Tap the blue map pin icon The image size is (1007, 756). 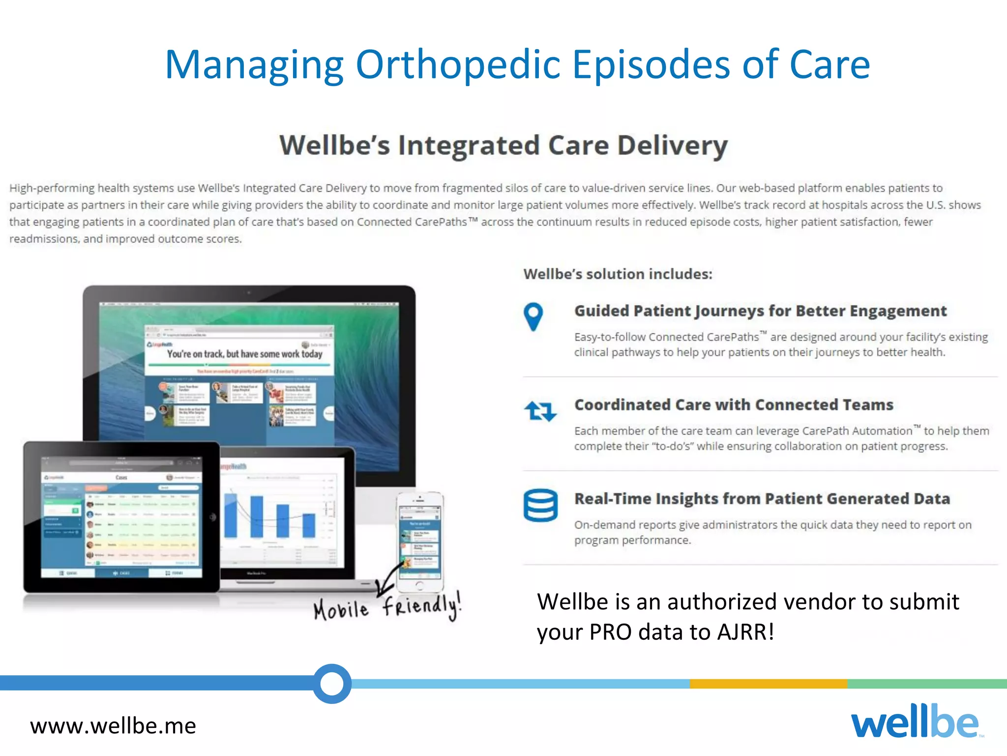tap(533, 316)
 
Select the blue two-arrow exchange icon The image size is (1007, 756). tap(540, 411)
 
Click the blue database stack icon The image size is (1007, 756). tap(540, 505)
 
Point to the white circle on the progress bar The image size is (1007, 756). tap(332, 683)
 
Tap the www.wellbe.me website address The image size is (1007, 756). tap(113, 726)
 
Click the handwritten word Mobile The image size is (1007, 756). tap(341, 609)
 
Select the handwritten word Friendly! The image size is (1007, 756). tap(422, 606)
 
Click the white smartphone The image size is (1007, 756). tap(420, 541)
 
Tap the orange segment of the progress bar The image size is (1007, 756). tap(768, 684)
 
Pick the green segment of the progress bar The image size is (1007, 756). tap(927, 684)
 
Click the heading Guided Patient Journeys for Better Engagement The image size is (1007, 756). tap(760, 311)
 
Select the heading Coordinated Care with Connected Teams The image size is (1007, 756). tap(734, 405)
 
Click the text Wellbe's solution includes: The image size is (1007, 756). tap(618, 274)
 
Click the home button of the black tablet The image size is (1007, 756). tap(212, 517)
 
